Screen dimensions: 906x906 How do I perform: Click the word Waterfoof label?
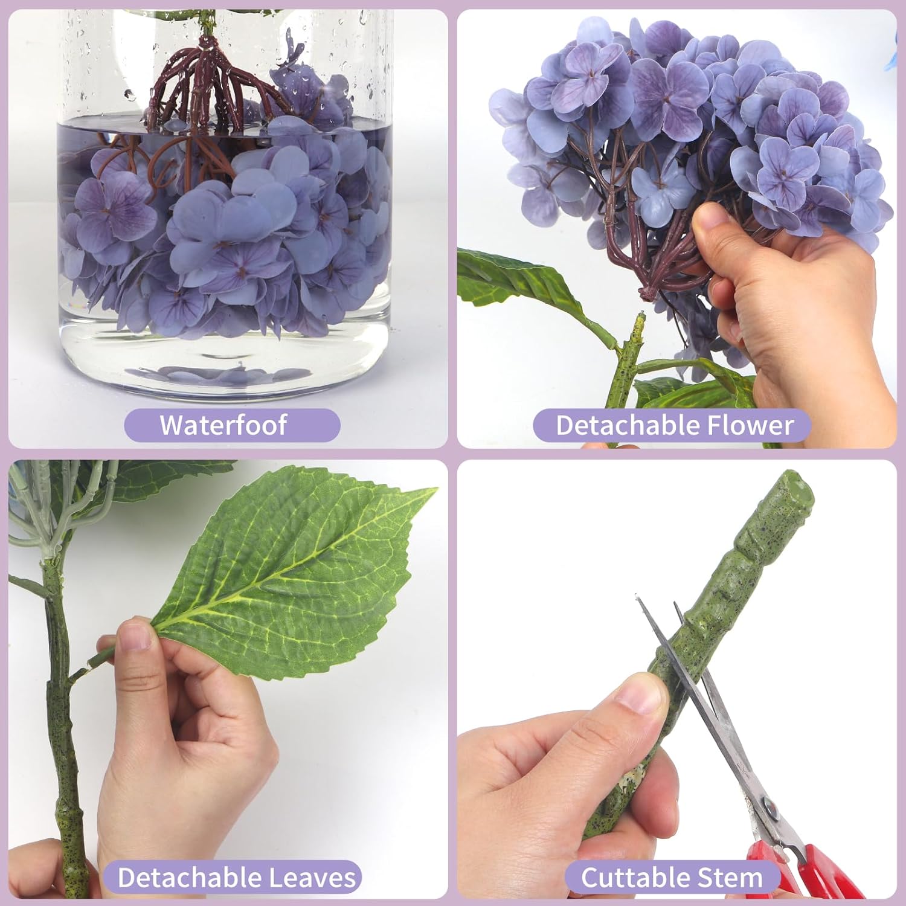223,425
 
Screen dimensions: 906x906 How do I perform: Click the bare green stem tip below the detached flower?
638,320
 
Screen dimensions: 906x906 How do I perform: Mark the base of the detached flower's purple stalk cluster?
647,294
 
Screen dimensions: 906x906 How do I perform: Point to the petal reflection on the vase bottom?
217,374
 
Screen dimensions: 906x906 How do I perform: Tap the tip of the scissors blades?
637,598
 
